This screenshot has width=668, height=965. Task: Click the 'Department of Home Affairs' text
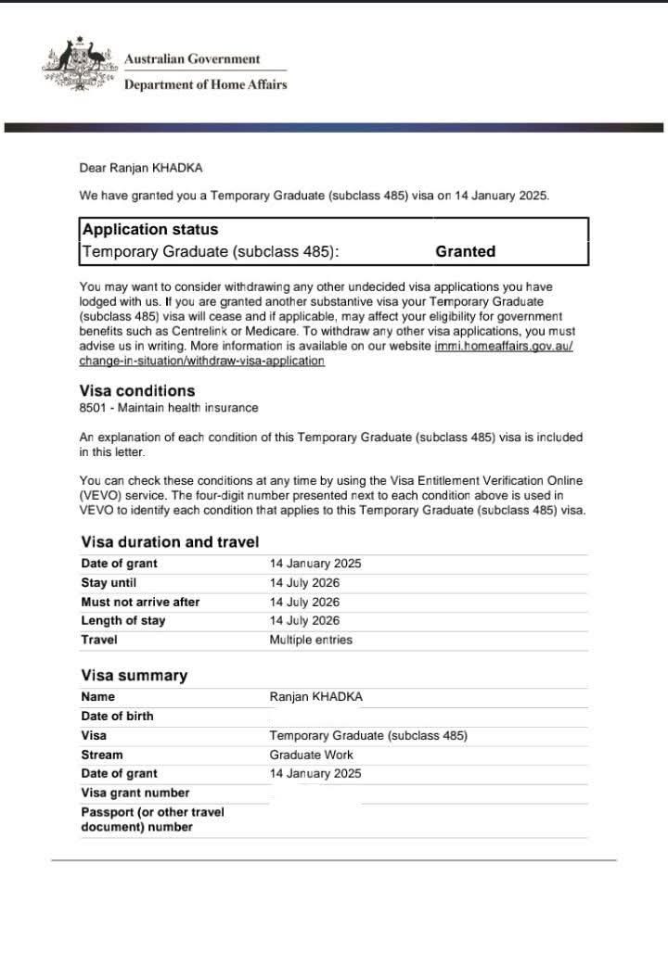[x=205, y=84]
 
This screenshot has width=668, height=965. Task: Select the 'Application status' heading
[x=150, y=230]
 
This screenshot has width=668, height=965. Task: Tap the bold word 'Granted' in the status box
[x=465, y=251]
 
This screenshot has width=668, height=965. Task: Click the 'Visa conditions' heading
[x=137, y=391]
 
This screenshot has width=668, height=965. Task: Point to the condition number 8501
[x=95, y=408]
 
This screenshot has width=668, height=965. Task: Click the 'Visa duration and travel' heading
[x=170, y=542]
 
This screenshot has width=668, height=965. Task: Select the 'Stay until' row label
[x=108, y=583]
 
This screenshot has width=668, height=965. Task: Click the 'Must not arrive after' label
[x=140, y=602]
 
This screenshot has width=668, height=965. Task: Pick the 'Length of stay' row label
[x=122, y=621]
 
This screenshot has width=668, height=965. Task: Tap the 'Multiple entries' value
[x=311, y=640]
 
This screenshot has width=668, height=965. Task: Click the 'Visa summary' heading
[x=134, y=676]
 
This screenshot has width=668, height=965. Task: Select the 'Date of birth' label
[x=117, y=716]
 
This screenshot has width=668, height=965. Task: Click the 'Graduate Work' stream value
[x=311, y=755]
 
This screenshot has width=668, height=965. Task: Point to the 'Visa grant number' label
[x=135, y=793]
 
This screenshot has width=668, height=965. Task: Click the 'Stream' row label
[x=101, y=755]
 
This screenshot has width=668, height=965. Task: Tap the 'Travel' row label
[x=99, y=640]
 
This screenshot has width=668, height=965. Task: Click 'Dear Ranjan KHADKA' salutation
[x=140, y=168]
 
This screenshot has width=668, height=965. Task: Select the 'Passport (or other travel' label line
[x=152, y=812]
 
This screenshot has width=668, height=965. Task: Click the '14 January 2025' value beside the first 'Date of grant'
[x=315, y=564]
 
